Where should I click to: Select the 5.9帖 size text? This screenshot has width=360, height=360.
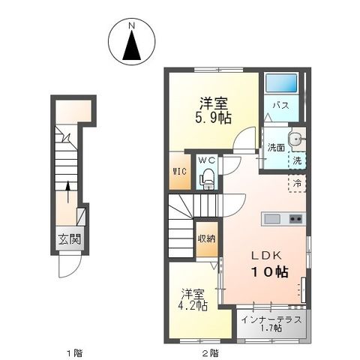[x=213, y=117]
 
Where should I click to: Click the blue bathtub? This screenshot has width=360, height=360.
[x=282, y=83]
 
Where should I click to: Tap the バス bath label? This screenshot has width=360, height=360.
[x=281, y=106]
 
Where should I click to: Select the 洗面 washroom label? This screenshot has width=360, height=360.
[x=276, y=148]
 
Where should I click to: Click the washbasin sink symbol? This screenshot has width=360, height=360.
[x=297, y=137]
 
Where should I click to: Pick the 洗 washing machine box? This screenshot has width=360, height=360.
[x=297, y=160]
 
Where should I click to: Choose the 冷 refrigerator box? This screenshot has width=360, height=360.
[x=297, y=182]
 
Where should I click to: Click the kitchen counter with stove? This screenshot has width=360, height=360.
[x=283, y=218]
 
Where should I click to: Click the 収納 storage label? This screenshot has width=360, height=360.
[x=206, y=238]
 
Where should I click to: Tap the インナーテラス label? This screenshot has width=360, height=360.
[x=271, y=318]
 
